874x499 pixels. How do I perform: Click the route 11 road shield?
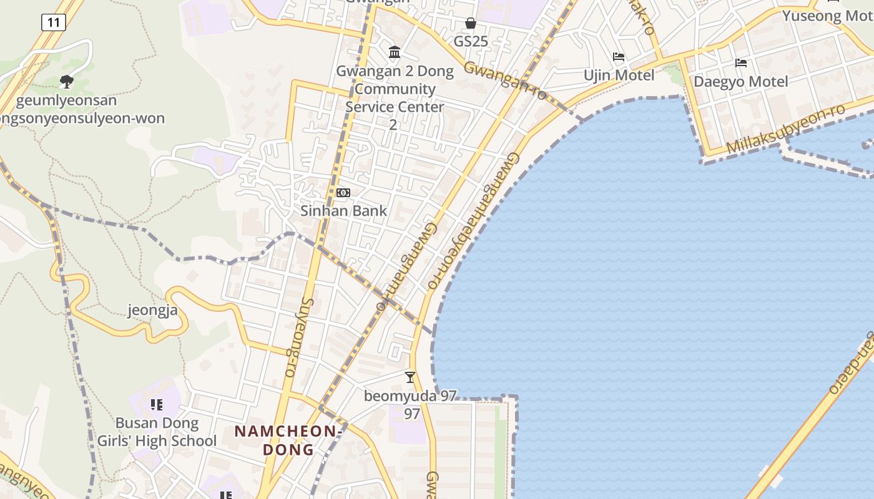pos(54,23)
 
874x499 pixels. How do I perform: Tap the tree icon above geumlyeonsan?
pos(66,81)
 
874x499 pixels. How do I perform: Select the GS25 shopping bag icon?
pos(471,23)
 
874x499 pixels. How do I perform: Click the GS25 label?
pos(471,42)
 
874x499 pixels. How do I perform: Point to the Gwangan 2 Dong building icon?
pos(395,52)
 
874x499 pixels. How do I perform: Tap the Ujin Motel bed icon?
pos(619,57)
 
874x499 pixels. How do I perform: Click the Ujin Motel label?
pos(619,75)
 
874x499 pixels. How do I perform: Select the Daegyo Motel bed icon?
pos(741,63)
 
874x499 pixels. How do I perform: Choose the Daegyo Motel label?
pos(741,82)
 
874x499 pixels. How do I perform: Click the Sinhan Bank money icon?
pos(343,193)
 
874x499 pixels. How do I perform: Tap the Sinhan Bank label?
pos(344,211)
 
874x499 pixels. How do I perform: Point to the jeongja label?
pos(153,310)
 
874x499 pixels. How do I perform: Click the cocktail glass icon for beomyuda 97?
pos(410,377)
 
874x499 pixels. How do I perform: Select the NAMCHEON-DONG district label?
pos(288,440)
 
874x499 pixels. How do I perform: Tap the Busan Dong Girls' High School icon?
pos(157,405)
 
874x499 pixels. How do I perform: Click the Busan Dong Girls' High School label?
pos(157,432)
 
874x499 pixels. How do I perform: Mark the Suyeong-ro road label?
pos(299,337)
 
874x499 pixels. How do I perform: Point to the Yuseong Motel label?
pos(827,16)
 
